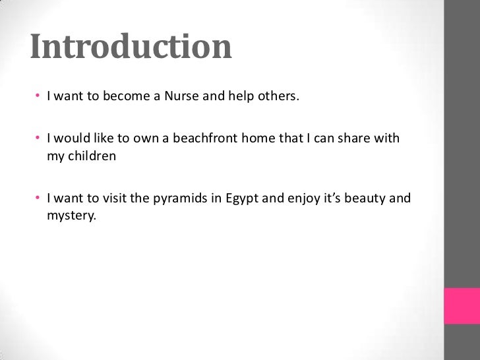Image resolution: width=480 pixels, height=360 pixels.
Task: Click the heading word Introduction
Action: click(131, 46)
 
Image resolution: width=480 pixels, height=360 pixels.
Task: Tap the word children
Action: click(92, 156)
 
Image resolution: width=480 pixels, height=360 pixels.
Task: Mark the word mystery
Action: click(71, 214)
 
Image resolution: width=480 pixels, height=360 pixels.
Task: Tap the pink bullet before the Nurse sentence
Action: click(39, 98)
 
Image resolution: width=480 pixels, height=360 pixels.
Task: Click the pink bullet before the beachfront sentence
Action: click(39, 139)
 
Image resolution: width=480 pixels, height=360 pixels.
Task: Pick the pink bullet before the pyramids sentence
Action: click(39, 198)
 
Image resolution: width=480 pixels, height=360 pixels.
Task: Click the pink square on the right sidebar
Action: click(462, 305)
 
